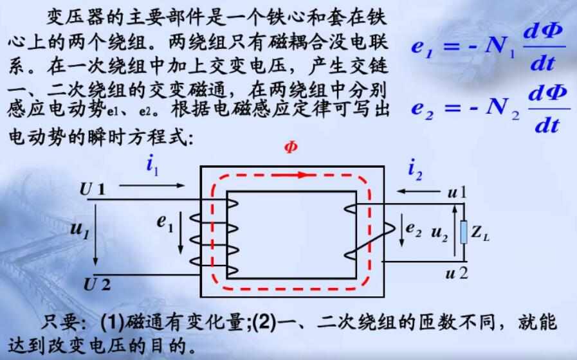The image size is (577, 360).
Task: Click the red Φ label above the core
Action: point(291,147)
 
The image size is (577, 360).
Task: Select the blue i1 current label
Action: point(152,165)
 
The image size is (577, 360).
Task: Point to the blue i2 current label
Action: point(415,170)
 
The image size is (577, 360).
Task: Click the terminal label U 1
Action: point(93,190)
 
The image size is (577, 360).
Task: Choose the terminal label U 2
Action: point(96,285)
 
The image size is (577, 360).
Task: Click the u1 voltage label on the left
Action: point(80,230)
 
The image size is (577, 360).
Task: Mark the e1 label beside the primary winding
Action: point(165,223)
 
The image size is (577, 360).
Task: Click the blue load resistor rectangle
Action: point(464,231)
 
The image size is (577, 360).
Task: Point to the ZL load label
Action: point(481,233)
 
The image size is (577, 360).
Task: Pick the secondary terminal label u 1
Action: point(457,192)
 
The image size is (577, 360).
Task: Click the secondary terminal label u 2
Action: point(457,274)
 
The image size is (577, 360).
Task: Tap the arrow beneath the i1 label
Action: point(152,186)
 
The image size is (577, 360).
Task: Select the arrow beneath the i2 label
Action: point(419,191)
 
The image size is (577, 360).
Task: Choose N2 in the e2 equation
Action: point(502,108)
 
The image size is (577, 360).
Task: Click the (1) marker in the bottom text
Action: point(112,322)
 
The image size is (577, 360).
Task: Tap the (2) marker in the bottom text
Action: point(265,322)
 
